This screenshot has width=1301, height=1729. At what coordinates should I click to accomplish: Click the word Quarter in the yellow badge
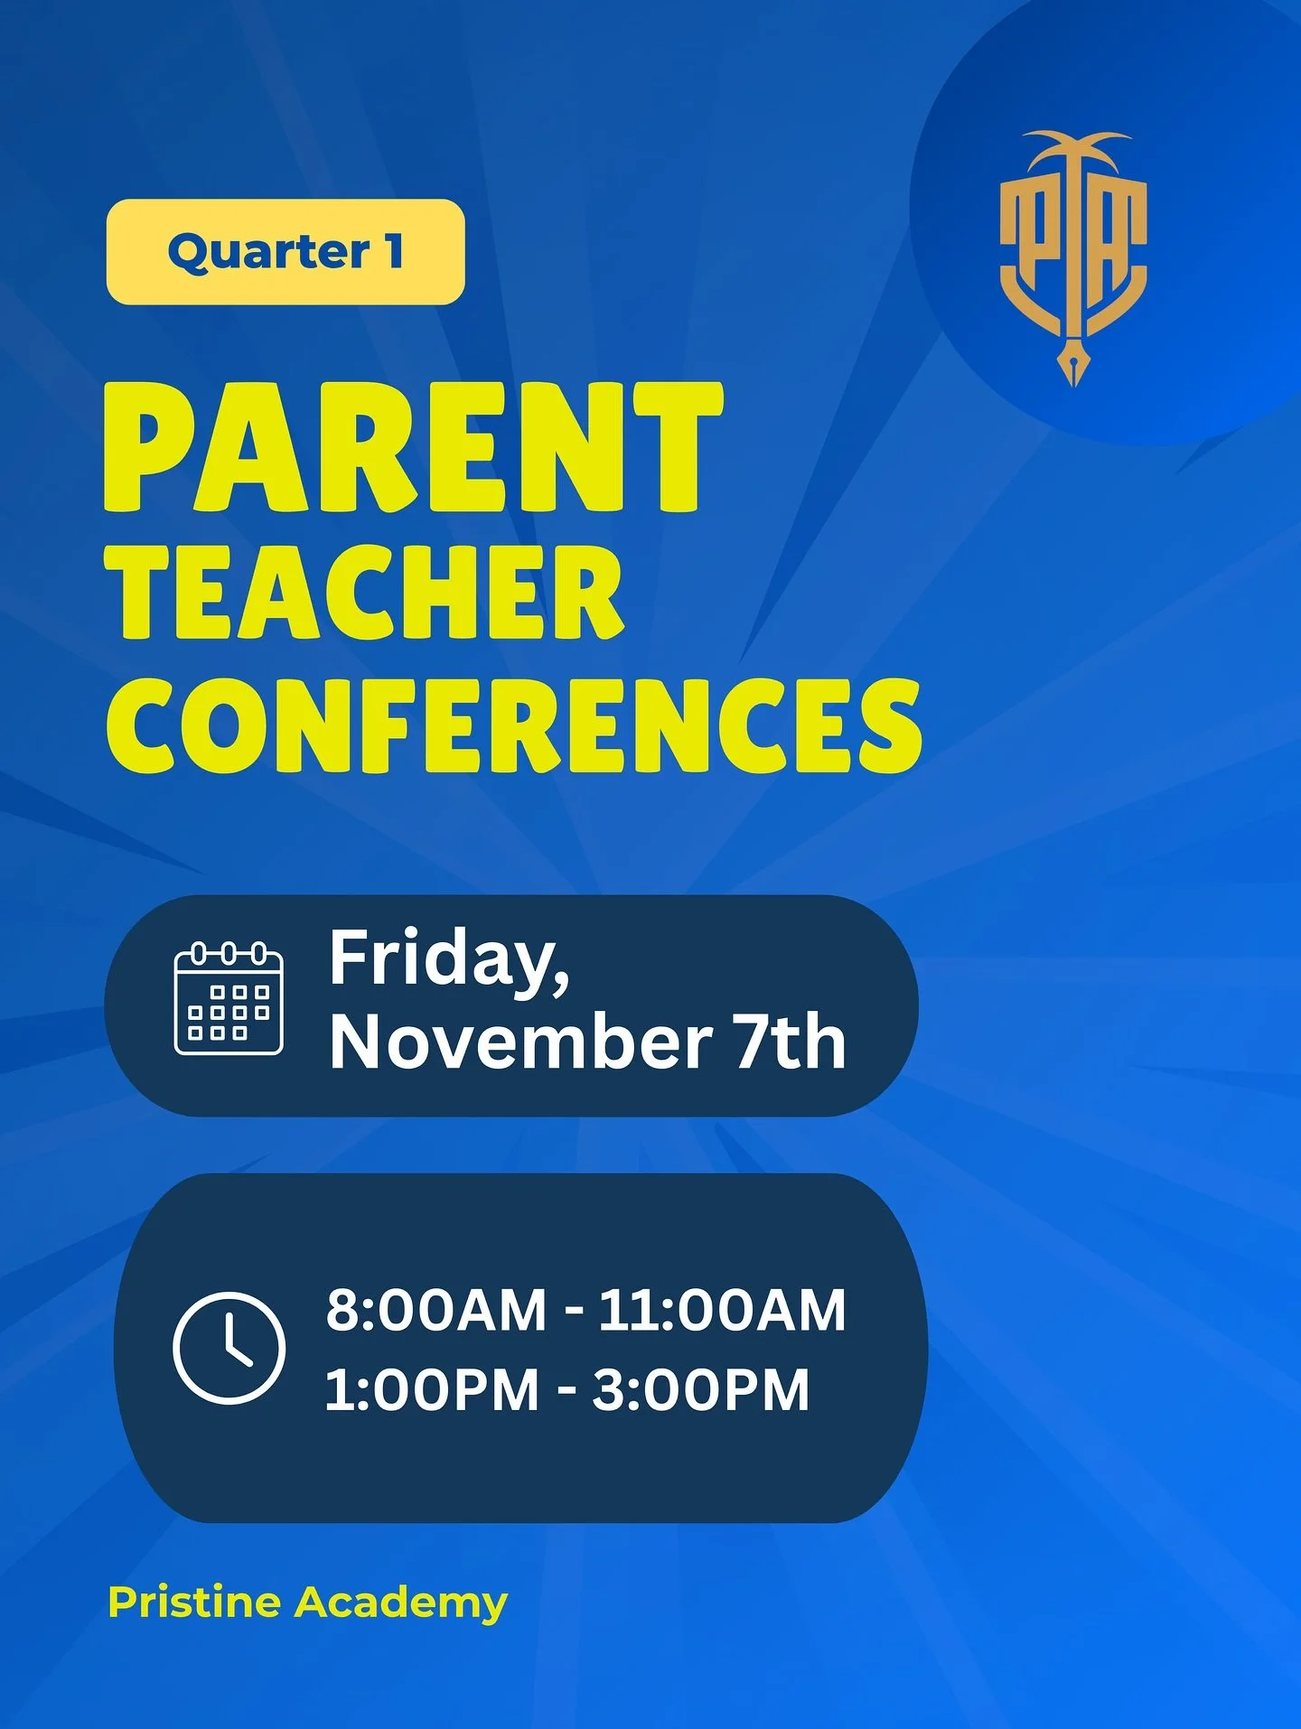point(268,252)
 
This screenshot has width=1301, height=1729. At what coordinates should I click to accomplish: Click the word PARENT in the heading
point(413,446)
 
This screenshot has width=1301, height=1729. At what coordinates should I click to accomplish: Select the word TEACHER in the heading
point(365,593)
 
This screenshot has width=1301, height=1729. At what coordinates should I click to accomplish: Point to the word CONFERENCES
point(513,725)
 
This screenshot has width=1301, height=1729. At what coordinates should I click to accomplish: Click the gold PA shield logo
point(1073,248)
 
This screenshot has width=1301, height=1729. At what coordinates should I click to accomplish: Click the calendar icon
point(229,999)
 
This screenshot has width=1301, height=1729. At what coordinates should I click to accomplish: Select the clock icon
point(229,1348)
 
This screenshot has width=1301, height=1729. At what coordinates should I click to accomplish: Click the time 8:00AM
point(436,1310)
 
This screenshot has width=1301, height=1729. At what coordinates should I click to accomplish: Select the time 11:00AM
point(722,1310)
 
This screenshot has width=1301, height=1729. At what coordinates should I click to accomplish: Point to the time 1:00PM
point(432,1389)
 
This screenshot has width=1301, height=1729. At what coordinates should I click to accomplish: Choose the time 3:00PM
point(701,1389)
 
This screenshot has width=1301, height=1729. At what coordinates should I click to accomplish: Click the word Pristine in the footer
point(194,1603)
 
